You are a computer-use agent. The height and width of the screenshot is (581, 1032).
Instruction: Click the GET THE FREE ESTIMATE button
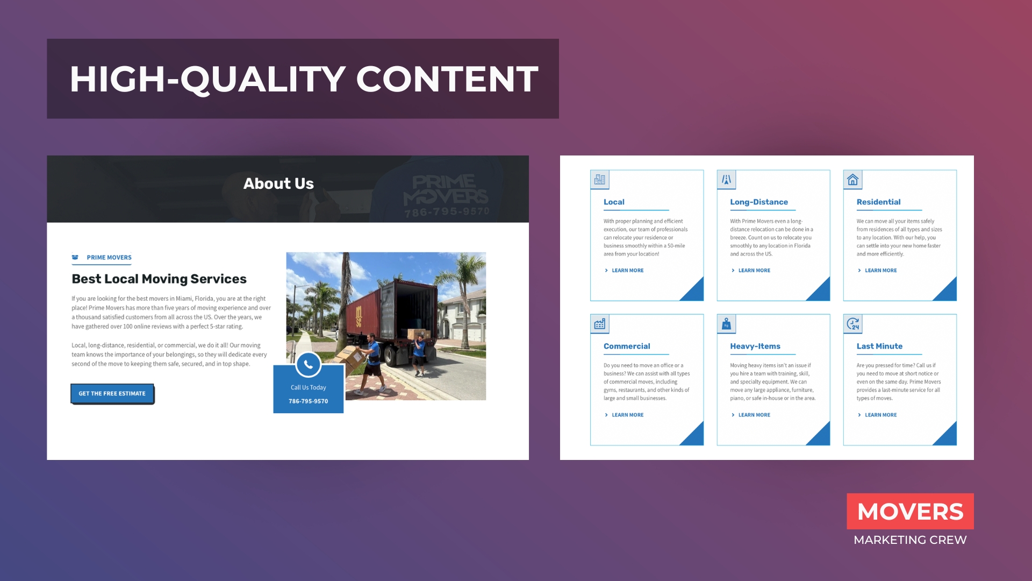tap(112, 394)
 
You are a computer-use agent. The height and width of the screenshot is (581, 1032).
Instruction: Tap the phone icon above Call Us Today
tap(309, 365)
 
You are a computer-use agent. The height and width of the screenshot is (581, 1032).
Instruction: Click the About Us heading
tap(278, 183)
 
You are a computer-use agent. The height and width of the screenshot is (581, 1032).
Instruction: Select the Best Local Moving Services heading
tap(159, 279)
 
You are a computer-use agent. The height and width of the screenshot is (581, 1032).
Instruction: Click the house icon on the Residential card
tap(853, 180)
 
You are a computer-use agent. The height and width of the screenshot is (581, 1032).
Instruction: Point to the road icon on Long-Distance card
tap(726, 180)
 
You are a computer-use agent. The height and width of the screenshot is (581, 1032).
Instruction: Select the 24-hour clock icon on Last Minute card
tap(853, 324)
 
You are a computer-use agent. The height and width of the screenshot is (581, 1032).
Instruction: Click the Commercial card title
tap(627, 346)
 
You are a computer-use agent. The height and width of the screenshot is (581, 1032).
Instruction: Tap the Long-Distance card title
tap(759, 202)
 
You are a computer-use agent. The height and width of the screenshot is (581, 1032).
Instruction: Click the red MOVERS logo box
tap(910, 511)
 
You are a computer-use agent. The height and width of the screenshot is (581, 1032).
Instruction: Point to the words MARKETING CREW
tap(910, 540)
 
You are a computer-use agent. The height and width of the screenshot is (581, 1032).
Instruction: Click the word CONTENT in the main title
tap(447, 79)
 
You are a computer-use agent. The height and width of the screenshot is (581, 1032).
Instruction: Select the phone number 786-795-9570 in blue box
tap(309, 401)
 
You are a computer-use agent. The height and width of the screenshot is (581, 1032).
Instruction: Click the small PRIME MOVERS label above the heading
tap(109, 258)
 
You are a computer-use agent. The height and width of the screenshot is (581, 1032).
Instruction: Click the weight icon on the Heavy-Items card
tap(726, 324)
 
